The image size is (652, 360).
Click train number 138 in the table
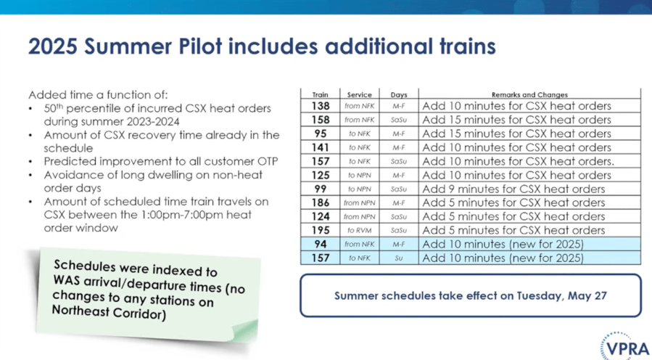(x=320, y=106)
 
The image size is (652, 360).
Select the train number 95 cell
(x=320, y=134)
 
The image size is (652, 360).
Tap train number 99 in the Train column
(x=320, y=189)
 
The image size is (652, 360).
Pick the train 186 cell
(x=320, y=202)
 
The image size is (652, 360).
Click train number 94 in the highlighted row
(x=320, y=245)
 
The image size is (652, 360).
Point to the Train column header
(x=320, y=95)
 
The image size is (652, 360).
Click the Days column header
(x=399, y=95)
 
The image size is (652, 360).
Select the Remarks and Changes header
(x=529, y=95)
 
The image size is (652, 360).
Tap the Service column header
(x=359, y=95)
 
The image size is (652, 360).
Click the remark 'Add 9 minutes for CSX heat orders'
(x=513, y=189)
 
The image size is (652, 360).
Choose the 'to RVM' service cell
(x=359, y=231)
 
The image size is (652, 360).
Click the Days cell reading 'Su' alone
(x=399, y=258)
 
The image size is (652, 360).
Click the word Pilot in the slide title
(x=200, y=46)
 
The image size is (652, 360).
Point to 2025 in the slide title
(x=53, y=46)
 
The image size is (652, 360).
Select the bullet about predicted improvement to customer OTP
(x=161, y=161)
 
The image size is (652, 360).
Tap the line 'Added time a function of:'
(x=98, y=95)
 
